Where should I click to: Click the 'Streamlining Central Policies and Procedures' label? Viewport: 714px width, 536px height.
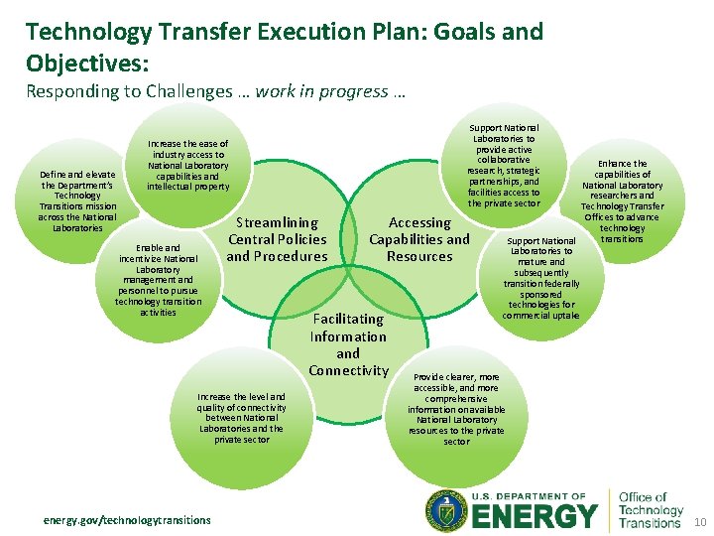tap(277, 239)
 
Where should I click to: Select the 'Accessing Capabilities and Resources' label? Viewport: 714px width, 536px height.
tap(418, 239)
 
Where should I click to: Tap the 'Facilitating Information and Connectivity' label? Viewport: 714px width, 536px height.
tap(347, 344)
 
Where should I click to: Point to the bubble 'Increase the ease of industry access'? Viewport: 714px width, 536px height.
tap(187, 165)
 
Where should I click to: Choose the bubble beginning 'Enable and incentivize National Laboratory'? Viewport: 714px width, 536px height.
tap(158, 279)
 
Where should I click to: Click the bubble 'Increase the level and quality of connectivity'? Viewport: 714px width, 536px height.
tap(241, 418)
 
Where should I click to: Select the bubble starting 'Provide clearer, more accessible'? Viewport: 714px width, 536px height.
tap(456, 409)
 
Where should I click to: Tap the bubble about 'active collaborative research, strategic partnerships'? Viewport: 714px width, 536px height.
tap(504, 166)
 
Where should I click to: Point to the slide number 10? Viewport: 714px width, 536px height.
tap(698, 521)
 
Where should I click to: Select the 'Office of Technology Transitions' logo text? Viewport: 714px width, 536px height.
tap(650, 510)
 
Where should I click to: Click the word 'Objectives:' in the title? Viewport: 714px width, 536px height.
tap(87, 63)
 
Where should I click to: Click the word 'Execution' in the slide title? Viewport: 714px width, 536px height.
tap(302, 32)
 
